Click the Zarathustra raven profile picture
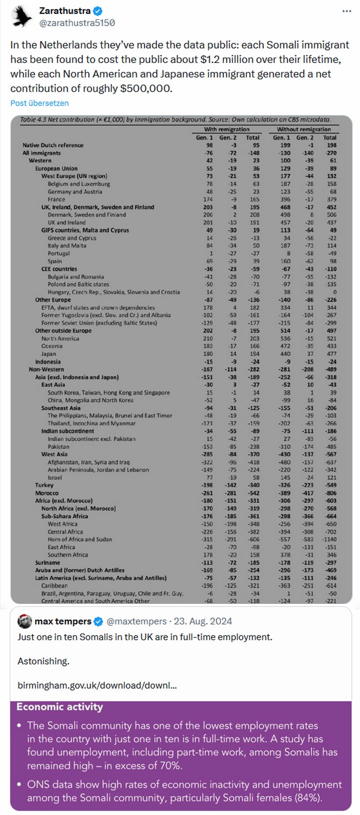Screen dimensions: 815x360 pos(20,16)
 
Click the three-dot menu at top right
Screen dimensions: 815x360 pos(346,11)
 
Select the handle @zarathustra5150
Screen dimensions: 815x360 pos(77,22)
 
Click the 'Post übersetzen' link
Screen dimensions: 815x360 pos(39,103)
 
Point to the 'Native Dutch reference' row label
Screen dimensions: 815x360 pos(53,145)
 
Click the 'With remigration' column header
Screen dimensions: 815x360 pos(226,129)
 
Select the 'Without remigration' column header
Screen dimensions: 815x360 pos(304,129)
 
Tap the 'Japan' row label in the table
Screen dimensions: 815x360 pos(48,354)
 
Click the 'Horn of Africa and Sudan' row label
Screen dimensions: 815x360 pos(79,539)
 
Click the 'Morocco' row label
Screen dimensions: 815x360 pos(47,493)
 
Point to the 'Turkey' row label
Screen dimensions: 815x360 pos(44,485)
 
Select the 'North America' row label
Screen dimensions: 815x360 pos(60,338)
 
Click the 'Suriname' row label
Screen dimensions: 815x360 pos(47,562)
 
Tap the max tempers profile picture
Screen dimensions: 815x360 pos(24,621)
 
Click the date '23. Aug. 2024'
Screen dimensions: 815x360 pos(202,621)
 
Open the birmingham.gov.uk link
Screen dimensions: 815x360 pos(97,685)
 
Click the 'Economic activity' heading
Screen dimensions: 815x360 pos(59,707)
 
